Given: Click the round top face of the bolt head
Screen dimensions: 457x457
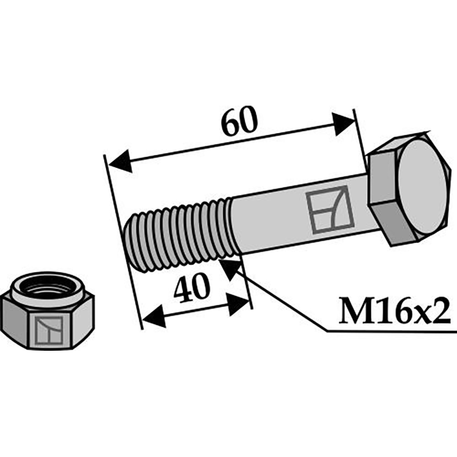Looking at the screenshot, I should click(x=422, y=186).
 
